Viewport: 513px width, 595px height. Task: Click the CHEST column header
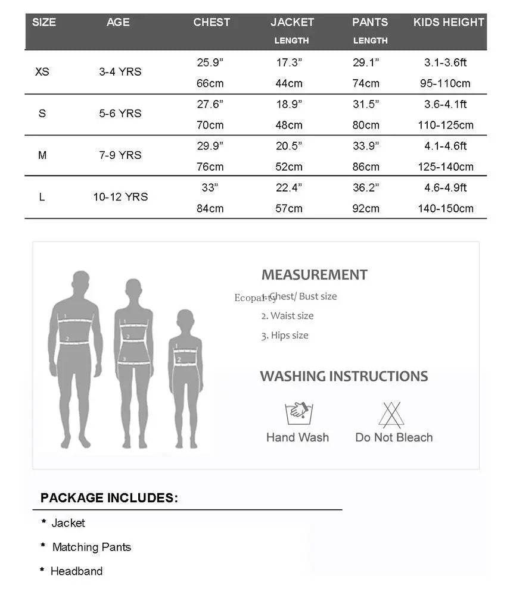tap(212, 23)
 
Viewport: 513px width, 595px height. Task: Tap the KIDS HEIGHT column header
tap(449, 23)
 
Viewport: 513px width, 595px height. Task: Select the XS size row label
tap(42, 71)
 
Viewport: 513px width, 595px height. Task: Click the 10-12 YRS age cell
tap(120, 196)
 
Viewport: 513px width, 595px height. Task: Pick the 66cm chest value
tap(210, 83)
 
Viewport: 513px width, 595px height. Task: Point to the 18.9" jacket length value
tap(289, 104)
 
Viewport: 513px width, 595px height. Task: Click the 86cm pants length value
tap(366, 167)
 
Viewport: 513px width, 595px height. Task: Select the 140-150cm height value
tap(446, 208)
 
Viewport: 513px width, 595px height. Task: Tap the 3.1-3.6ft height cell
tap(446, 62)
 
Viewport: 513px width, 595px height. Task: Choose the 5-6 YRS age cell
tap(120, 113)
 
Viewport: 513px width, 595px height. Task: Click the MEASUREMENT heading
tap(314, 275)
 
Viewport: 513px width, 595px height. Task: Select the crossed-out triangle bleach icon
tap(391, 414)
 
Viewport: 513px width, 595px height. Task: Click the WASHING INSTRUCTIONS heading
tap(344, 376)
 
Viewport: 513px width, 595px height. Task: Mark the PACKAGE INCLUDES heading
tap(109, 498)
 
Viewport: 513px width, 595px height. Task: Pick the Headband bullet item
tap(76, 571)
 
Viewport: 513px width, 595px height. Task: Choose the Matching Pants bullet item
tap(91, 547)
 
